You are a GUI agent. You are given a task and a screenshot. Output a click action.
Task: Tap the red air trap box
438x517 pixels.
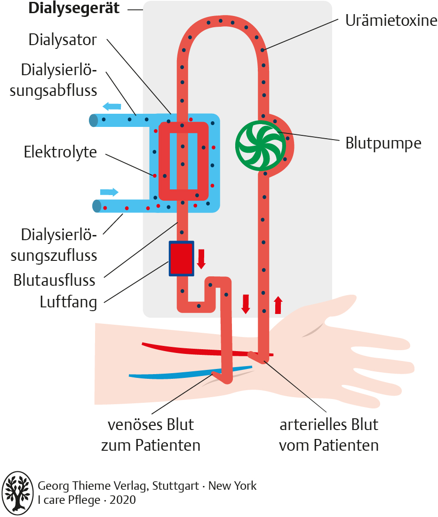(x=182, y=258)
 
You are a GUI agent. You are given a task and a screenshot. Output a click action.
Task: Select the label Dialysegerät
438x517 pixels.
(x=74, y=9)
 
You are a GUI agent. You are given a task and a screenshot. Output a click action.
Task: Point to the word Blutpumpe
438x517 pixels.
(x=383, y=143)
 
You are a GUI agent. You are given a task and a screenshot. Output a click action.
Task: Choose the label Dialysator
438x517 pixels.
(x=63, y=39)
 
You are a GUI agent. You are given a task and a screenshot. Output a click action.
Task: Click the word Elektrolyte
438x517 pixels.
(x=60, y=152)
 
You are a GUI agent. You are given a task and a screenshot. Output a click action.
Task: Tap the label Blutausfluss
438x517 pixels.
(x=55, y=281)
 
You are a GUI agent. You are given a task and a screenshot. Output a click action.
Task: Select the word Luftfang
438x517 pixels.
(x=68, y=302)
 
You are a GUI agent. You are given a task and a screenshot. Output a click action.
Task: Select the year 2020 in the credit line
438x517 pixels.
(x=123, y=500)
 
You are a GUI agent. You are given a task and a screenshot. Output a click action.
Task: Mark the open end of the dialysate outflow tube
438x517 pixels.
(x=94, y=121)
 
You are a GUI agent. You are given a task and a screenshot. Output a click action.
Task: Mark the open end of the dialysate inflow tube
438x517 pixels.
(x=97, y=206)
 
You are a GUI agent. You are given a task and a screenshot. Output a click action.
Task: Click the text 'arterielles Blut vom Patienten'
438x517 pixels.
(x=329, y=435)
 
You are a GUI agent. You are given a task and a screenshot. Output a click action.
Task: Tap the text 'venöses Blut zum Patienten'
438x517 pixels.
(x=151, y=435)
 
